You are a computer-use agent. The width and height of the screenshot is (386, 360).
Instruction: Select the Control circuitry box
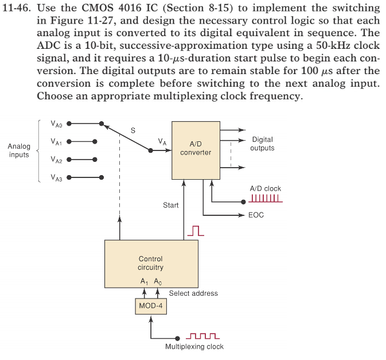coord(151,264)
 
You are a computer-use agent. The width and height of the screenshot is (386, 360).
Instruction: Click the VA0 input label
coord(56,123)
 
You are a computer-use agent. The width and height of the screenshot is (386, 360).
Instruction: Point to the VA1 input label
coord(56,141)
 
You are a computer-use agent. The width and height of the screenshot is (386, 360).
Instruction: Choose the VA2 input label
coord(56,160)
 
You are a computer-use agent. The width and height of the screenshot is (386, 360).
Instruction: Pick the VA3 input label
coord(56,178)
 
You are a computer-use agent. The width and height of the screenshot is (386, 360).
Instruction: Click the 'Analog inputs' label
coord(19,150)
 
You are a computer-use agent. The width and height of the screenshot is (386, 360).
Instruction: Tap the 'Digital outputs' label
coord(262,144)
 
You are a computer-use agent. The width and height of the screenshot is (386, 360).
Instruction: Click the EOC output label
coord(256,215)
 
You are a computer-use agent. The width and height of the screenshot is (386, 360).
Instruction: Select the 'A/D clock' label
coord(266,188)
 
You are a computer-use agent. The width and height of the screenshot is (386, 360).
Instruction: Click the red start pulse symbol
coord(196,230)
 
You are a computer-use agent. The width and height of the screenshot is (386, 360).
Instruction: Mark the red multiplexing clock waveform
coord(204,336)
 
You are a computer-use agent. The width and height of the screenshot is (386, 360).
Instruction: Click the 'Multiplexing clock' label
coord(194,347)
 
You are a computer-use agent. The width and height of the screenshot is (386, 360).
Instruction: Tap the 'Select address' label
coord(193,293)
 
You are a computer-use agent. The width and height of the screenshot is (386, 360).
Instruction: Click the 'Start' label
coord(170,205)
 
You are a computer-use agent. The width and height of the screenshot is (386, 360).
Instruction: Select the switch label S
coord(133,130)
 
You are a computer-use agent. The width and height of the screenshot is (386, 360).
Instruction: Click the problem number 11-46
coord(18,9)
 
